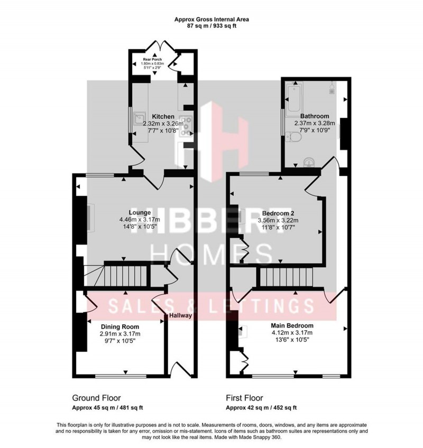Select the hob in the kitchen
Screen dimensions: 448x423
click(187, 126)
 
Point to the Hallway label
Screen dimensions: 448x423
click(180, 315)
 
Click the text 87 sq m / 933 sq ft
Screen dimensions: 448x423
click(212, 26)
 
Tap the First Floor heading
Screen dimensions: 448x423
click(244, 398)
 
